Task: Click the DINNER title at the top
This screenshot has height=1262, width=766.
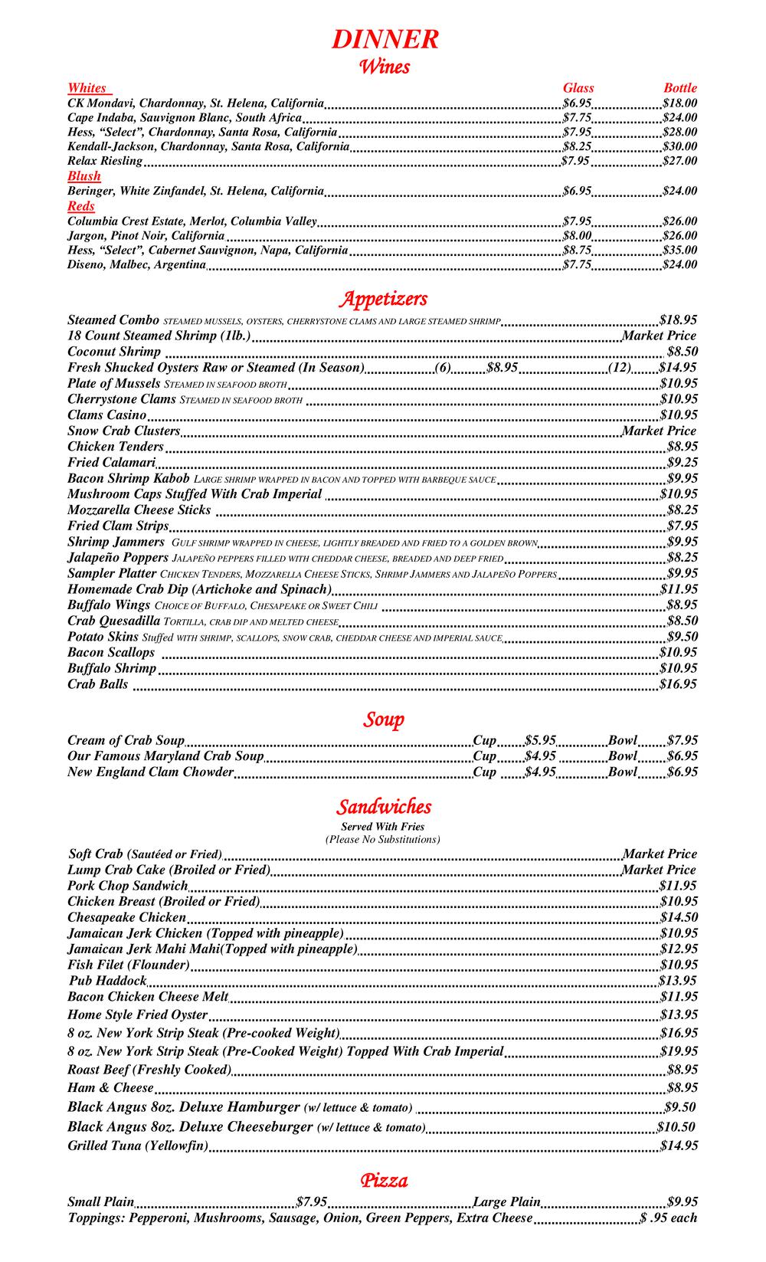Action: click(385, 39)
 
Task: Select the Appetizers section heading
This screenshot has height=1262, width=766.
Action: click(384, 298)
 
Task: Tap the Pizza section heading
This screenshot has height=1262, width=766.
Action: click(384, 1180)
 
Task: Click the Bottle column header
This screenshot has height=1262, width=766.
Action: click(679, 88)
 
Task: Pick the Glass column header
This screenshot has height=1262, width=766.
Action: click(578, 88)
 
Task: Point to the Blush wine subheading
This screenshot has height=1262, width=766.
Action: click(84, 176)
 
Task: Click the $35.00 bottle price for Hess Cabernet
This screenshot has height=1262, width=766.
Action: click(679, 251)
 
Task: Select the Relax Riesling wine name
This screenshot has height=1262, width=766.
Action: click(105, 161)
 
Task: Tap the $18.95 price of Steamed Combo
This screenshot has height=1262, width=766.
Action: click(678, 320)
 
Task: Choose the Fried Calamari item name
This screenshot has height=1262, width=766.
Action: click(112, 463)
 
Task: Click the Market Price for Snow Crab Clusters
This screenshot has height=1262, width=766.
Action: click(659, 431)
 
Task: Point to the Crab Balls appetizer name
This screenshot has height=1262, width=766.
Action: click(98, 684)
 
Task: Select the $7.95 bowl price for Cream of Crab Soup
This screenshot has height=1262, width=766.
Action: click(682, 741)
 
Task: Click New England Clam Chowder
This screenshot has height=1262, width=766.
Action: click(150, 772)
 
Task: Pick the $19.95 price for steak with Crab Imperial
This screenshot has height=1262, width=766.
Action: click(678, 1052)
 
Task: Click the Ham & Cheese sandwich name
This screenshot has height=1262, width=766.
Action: click(110, 1088)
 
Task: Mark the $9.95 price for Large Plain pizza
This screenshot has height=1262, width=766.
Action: click(682, 1202)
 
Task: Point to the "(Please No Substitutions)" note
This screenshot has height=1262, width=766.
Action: click(383, 840)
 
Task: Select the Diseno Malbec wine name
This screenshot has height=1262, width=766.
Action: click(136, 265)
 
